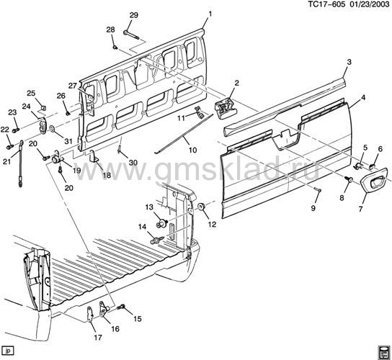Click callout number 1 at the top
click(x=210, y=14)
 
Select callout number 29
click(x=134, y=15)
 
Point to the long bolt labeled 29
click(x=131, y=35)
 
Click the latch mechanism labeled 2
click(x=225, y=109)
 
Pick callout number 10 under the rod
click(x=192, y=150)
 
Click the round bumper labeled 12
click(x=201, y=207)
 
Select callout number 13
click(x=149, y=207)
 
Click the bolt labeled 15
click(x=122, y=306)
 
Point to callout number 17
click(x=98, y=338)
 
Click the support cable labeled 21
click(x=20, y=163)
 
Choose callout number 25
click(x=31, y=93)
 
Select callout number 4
click(x=363, y=98)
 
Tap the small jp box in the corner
click(x=8, y=351)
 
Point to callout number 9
click(x=313, y=208)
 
